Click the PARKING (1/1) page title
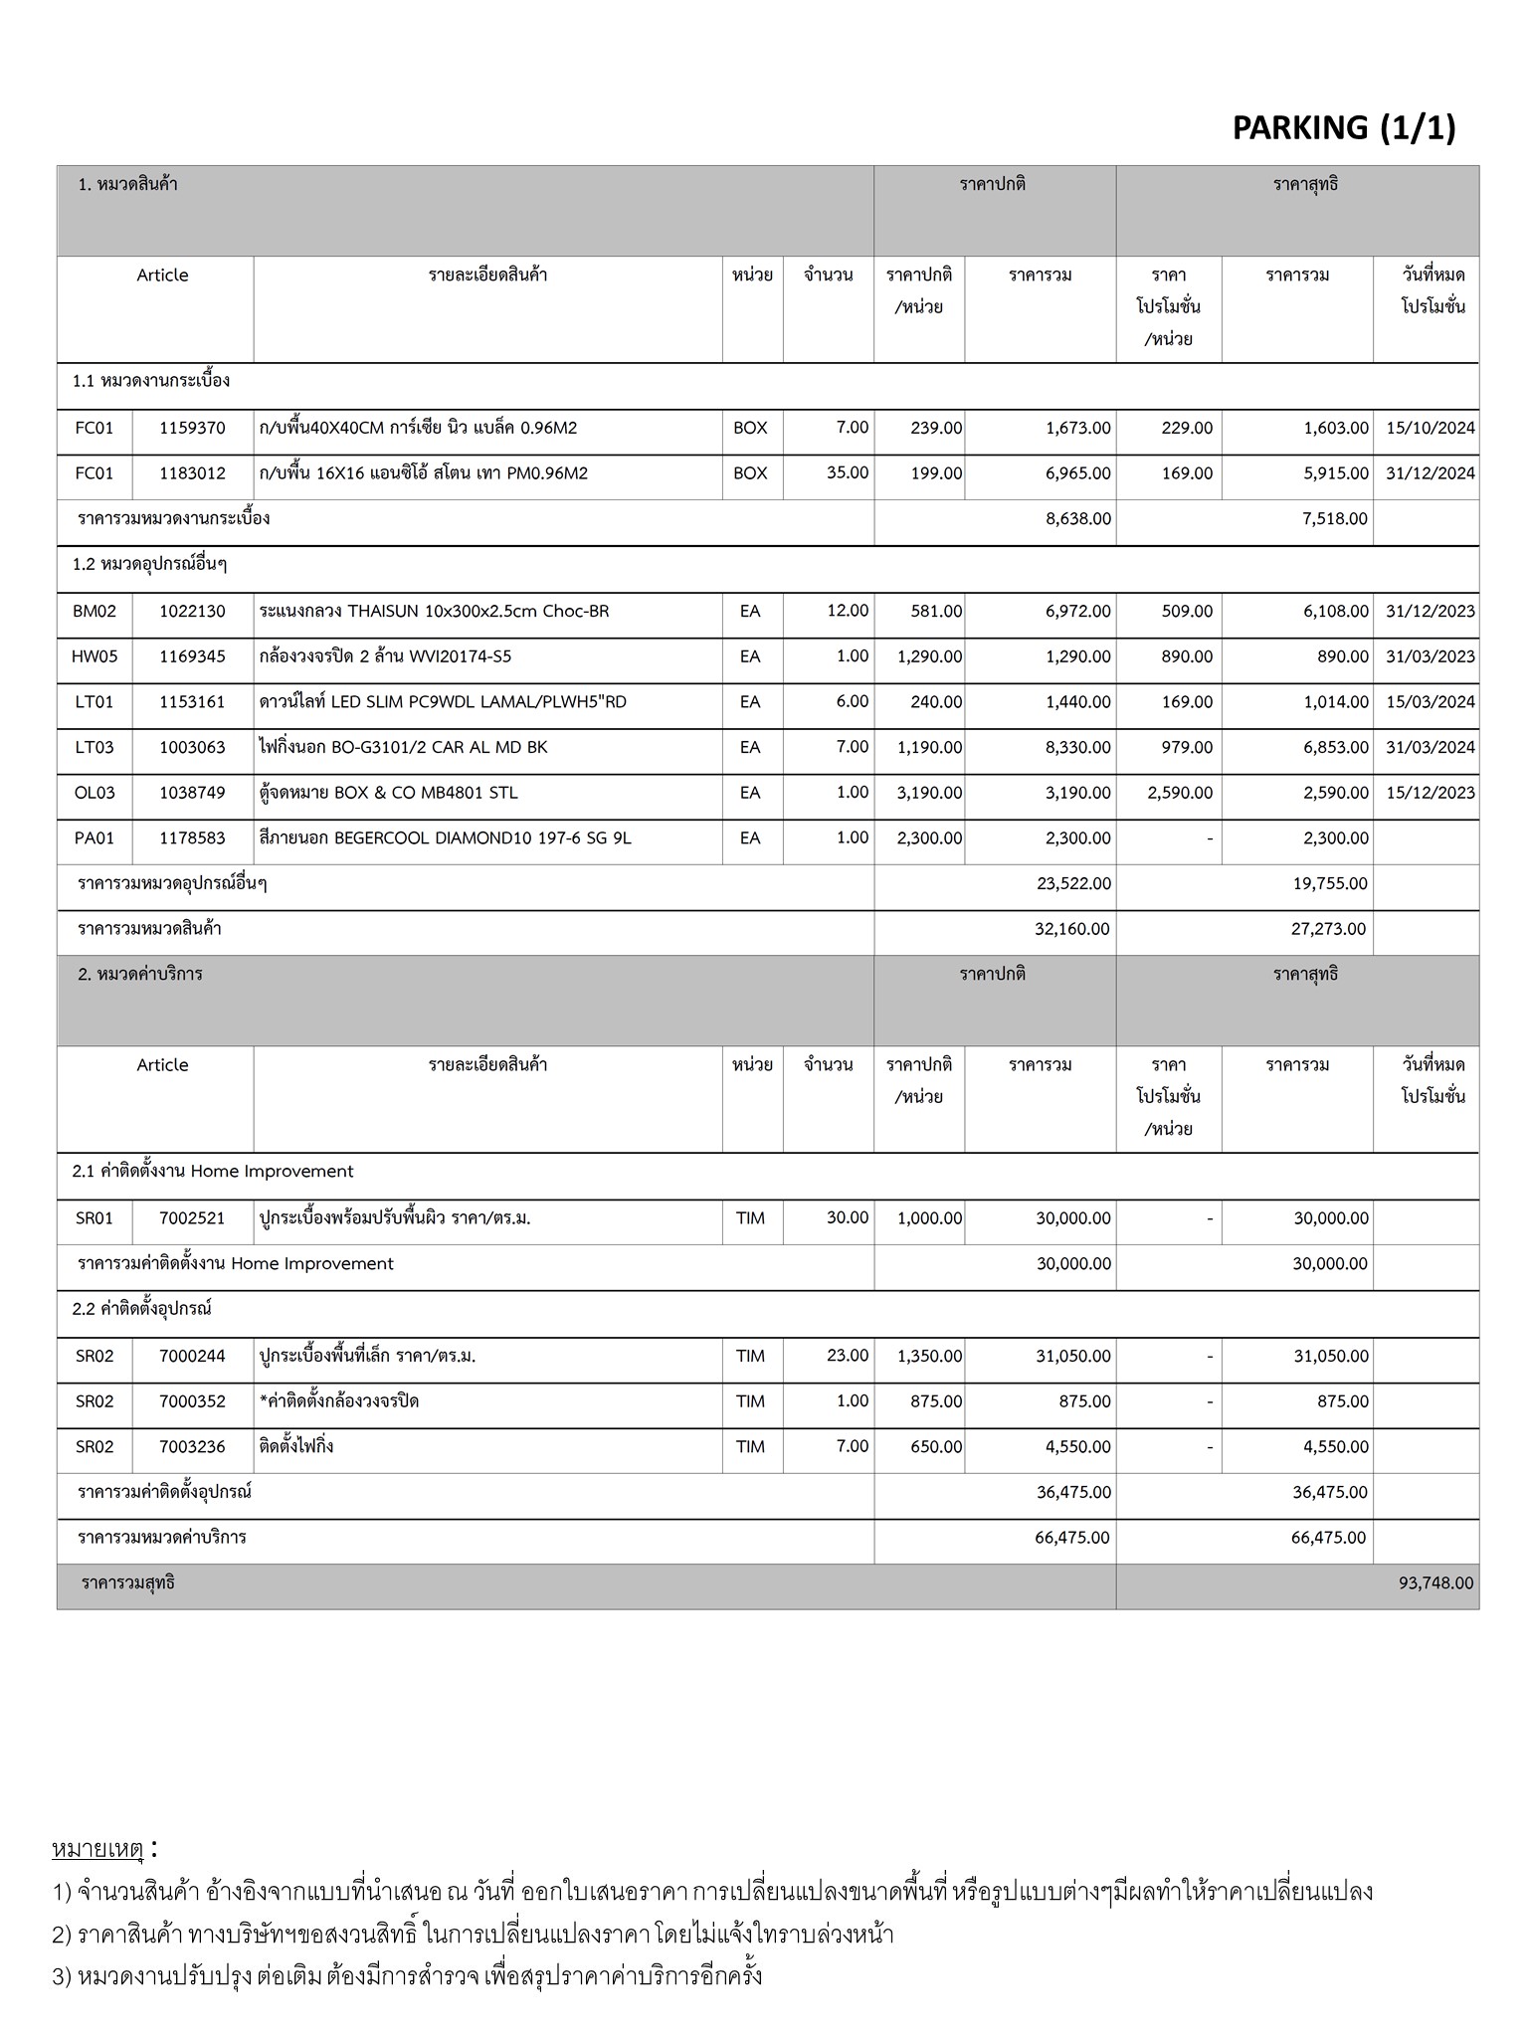[1343, 127]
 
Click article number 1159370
[192, 428]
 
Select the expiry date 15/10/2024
[1430, 428]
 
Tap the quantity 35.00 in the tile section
[848, 472]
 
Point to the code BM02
[95, 611]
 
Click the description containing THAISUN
[434, 611]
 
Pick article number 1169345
[192, 656]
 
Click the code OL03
[95, 793]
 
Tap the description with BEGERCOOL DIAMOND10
[445, 837]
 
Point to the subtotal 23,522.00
[1073, 883]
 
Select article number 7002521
[192, 1218]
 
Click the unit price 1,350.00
[929, 1356]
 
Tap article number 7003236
[192, 1446]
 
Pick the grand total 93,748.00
[1435, 1582]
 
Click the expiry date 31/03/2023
[1430, 656]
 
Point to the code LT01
[95, 702]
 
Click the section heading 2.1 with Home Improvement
[213, 1172]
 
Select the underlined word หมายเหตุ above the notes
[97, 1851]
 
